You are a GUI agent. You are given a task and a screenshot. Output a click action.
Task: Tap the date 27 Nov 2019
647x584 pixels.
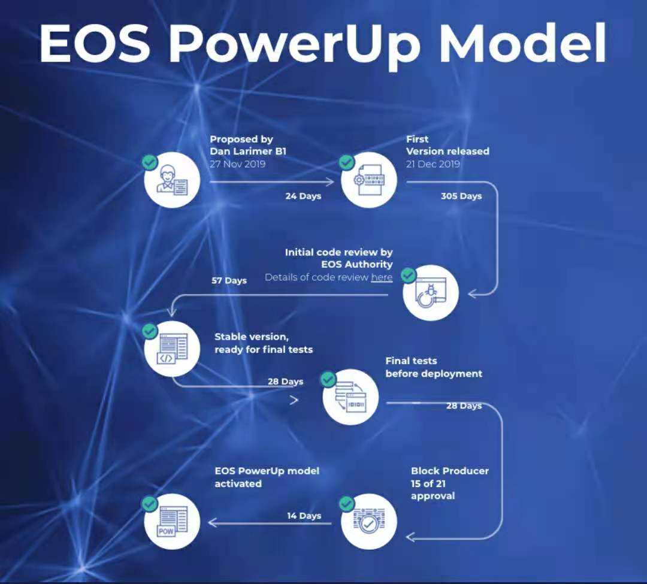pyautogui.click(x=237, y=164)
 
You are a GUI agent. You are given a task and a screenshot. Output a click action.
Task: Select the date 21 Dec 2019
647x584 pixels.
pyautogui.click(x=433, y=164)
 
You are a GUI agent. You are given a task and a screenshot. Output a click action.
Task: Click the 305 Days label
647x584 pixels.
pyautogui.click(x=461, y=196)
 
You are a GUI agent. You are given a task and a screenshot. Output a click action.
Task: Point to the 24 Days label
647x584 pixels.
pyautogui.click(x=303, y=196)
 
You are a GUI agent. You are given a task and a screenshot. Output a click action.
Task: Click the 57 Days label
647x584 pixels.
pyautogui.click(x=229, y=280)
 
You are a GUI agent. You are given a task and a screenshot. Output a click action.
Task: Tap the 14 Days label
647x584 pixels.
pyautogui.click(x=304, y=516)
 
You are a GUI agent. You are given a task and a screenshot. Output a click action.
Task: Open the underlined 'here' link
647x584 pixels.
pyautogui.click(x=382, y=277)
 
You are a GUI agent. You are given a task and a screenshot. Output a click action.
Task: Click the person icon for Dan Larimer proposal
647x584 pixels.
pyautogui.click(x=172, y=180)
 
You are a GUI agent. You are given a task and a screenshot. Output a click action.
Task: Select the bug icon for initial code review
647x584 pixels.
pyautogui.click(x=430, y=293)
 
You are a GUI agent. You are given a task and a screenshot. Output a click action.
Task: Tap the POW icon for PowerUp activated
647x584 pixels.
pyautogui.click(x=172, y=521)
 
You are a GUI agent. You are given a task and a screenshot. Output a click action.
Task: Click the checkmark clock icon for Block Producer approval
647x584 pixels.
pyautogui.click(x=368, y=521)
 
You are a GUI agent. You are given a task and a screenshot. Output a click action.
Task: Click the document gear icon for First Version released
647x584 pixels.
pyautogui.click(x=368, y=180)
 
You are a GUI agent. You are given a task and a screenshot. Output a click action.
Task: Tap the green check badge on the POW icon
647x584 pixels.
pyautogui.click(x=149, y=504)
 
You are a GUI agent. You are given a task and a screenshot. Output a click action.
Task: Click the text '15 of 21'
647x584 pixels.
pyautogui.click(x=428, y=483)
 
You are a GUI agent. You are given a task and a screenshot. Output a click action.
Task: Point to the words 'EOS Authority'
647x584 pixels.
pyautogui.click(x=357, y=264)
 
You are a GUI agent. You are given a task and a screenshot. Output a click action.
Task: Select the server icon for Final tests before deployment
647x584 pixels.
pyautogui.click(x=350, y=397)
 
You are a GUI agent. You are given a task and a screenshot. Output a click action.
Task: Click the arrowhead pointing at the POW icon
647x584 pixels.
pyautogui.click(x=213, y=523)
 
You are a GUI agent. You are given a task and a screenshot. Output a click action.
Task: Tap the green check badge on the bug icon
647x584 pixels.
pyautogui.click(x=409, y=275)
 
